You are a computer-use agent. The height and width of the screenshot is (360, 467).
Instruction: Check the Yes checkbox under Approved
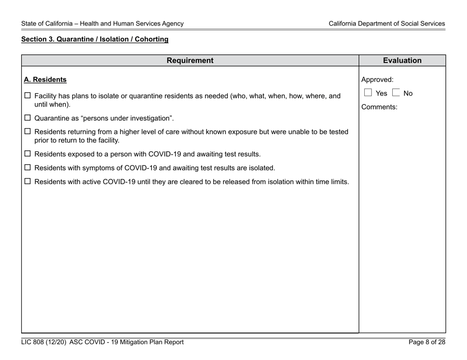coord(367,93)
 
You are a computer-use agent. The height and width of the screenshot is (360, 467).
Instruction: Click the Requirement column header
coord(190,61)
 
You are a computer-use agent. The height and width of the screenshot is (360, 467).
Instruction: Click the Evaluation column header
coord(402,61)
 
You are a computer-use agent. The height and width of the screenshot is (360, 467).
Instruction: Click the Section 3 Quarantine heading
coord(94,39)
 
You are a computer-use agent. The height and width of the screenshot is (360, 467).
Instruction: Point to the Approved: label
coord(377,80)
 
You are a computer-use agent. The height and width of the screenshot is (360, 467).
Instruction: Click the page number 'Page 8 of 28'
coord(427,342)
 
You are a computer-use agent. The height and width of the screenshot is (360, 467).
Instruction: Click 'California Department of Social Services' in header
coord(387,24)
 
